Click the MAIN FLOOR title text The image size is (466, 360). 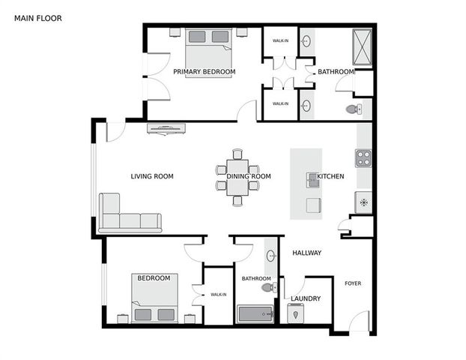click(x=38, y=17)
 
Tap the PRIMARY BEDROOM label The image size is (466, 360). click(x=204, y=72)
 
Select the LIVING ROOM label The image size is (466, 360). click(x=152, y=177)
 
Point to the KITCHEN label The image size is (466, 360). click(x=330, y=177)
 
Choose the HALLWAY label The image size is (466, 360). click(x=306, y=253)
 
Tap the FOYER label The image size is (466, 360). click(x=353, y=283)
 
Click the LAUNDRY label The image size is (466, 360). click(x=306, y=298)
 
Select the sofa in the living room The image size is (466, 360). click(x=130, y=214)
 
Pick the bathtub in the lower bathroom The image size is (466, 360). click(x=255, y=313)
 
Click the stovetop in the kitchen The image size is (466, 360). click(x=363, y=158)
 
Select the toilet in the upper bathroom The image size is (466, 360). click(x=354, y=109)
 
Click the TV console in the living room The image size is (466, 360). click(x=166, y=128)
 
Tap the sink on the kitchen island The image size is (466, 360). click(x=312, y=179)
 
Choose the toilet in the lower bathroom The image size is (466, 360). click(x=266, y=287)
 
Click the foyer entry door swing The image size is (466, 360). click(x=359, y=322)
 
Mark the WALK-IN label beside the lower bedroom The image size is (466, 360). click(x=219, y=295)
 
